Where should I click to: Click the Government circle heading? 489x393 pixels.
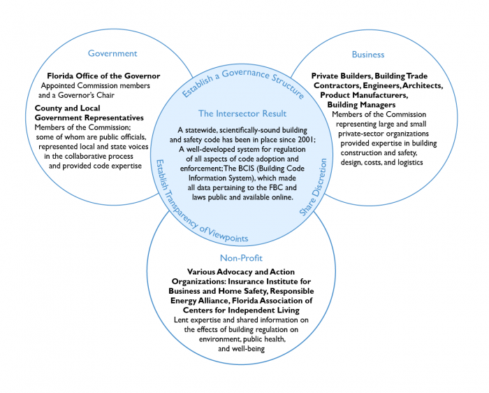tap(112, 53)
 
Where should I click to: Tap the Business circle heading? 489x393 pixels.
tap(368, 54)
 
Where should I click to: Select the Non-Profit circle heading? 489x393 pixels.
tap(240, 258)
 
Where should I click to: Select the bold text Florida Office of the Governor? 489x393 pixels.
tap(103, 76)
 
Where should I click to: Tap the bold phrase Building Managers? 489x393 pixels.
tap(363, 104)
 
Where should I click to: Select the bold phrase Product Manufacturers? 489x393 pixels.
tap(363, 94)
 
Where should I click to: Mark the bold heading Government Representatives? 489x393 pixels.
tap(89, 118)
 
